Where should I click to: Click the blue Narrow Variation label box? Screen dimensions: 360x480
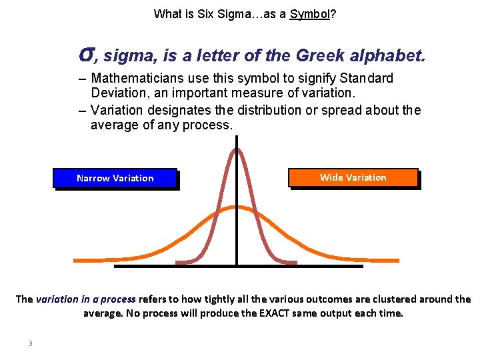115,178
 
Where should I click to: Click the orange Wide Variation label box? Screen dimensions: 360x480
353,177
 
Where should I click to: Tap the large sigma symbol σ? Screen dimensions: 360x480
85,53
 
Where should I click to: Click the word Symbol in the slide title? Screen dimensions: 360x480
310,13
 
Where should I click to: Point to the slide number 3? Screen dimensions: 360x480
30,343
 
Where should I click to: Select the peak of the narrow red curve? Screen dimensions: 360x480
236,150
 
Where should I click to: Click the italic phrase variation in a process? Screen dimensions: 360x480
85,299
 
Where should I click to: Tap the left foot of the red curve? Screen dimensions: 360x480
181,263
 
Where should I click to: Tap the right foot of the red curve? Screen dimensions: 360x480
291,263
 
